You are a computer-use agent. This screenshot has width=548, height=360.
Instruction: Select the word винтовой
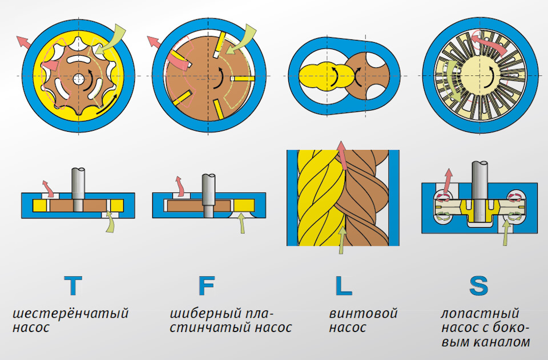click(x=363, y=314)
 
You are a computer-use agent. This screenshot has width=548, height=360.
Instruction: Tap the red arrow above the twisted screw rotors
click(x=342, y=154)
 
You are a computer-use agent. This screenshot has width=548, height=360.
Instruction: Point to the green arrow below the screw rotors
click(x=341, y=240)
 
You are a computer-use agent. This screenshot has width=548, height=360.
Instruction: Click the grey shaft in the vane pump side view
click(x=209, y=191)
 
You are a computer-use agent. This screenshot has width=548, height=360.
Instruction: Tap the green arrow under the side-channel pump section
click(x=506, y=234)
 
